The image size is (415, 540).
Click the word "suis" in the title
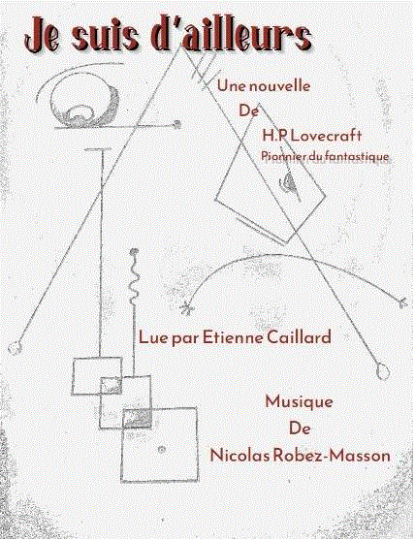coord(105,35)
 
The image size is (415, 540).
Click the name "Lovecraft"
coord(326,136)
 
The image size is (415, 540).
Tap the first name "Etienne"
coord(233,337)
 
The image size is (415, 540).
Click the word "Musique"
coord(299,402)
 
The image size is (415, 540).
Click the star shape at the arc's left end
coord(187,307)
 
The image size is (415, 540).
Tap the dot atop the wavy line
coord(134,251)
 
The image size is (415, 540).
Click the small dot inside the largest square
coord(162,449)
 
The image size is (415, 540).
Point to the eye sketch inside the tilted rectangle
coord(289,182)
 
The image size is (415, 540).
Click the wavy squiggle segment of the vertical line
coord(134,278)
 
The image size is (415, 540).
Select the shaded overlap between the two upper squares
coord(111,386)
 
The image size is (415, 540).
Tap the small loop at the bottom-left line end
coord(15,348)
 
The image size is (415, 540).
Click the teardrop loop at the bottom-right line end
coord(382,371)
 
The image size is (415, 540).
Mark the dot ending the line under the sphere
coord(177,124)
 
